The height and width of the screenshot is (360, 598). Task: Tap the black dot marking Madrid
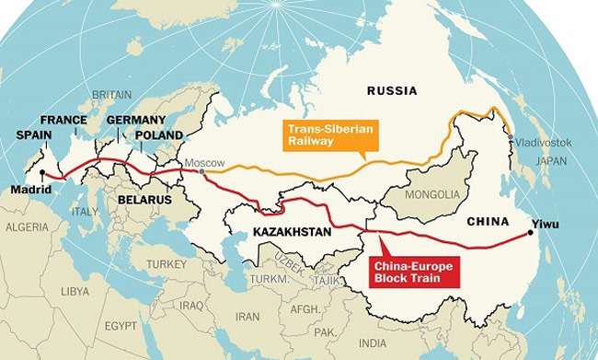[42, 172]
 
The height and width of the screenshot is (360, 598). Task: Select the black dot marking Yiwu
[530, 233]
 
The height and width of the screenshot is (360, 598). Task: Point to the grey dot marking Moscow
[202, 171]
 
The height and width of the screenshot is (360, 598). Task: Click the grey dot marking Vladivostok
[512, 138]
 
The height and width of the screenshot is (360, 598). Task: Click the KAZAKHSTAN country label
[279, 232]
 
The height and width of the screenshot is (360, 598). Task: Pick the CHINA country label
[488, 220]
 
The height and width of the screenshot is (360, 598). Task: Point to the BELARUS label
[145, 199]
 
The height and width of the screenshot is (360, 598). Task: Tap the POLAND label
[160, 134]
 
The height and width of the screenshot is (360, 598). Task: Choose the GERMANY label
[135, 120]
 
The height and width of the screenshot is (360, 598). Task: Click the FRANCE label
[63, 120]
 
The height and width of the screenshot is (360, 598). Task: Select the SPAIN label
[34, 134]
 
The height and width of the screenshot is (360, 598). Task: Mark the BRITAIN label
[110, 94]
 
